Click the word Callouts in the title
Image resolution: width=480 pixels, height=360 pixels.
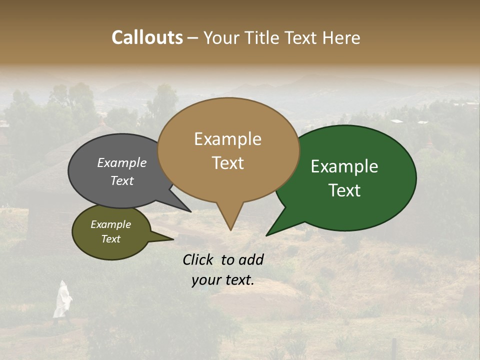(x=147, y=37)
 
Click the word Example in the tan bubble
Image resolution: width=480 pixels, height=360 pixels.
(x=227, y=139)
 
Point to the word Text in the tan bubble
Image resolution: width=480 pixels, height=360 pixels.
(x=227, y=163)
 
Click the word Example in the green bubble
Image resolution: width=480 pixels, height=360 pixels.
(x=344, y=166)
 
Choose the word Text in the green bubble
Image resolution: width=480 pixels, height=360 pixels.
(x=344, y=190)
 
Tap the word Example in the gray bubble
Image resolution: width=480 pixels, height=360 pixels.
(x=122, y=162)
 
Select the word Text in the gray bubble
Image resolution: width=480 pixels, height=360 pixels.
(x=122, y=180)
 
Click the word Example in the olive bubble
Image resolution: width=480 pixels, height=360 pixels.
(x=110, y=224)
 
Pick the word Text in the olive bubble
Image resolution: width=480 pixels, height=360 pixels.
(x=110, y=239)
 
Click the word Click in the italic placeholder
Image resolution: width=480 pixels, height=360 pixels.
(x=199, y=259)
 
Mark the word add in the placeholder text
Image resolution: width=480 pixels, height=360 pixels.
(x=251, y=259)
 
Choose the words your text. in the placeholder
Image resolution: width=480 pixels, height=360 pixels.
(x=222, y=280)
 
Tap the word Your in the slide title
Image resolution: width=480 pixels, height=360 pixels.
(x=219, y=37)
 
